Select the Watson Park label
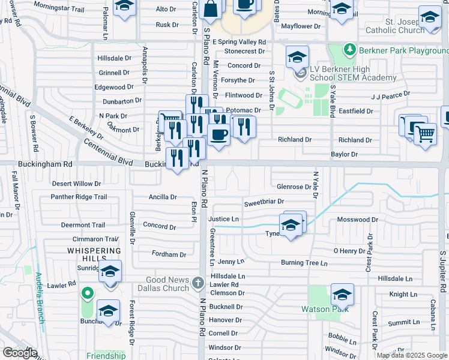(325, 310)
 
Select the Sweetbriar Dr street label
(264, 203)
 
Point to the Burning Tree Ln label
(304, 263)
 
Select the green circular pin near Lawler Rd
(88, 293)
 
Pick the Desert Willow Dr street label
(76, 184)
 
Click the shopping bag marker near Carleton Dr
(212, 8)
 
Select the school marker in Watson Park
(342, 294)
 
